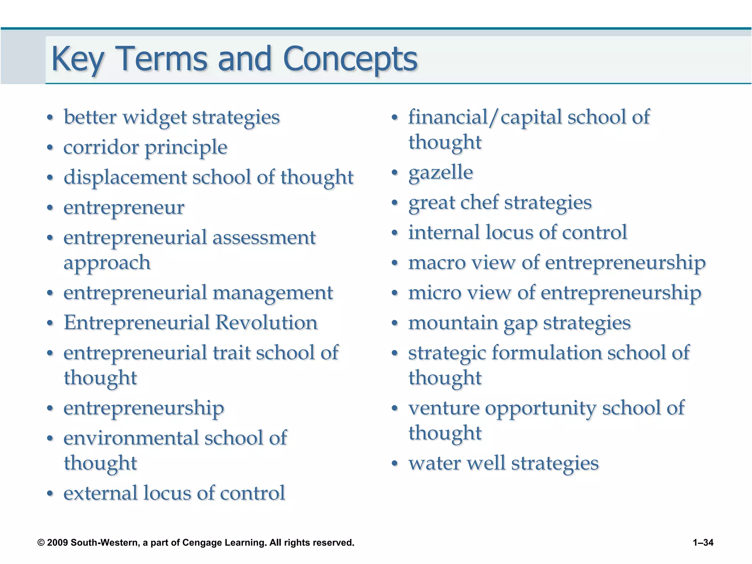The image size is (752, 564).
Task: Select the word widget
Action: (154, 117)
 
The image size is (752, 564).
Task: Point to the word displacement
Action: (125, 177)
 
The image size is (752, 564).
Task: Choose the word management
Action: (272, 293)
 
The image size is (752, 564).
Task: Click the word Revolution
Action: (266, 323)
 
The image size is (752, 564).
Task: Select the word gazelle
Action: (441, 172)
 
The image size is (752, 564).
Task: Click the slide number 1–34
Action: (703, 542)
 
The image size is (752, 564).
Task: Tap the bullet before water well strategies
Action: (395, 464)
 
